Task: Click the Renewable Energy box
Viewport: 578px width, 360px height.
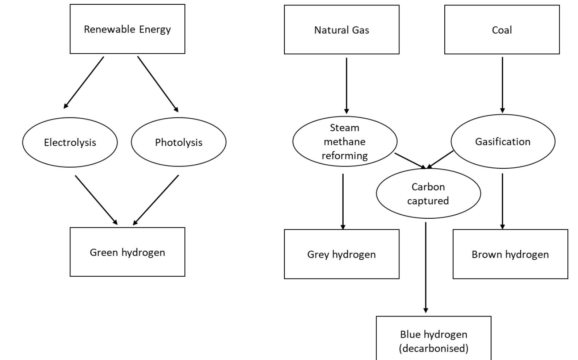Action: (x=127, y=29)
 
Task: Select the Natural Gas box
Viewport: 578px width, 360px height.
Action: (x=341, y=30)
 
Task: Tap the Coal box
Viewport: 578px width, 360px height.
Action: (x=502, y=30)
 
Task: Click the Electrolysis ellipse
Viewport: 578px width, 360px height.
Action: (x=70, y=142)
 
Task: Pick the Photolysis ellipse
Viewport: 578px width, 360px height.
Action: (x=179, y=142)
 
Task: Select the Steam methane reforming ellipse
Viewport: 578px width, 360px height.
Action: (x=344, y=142)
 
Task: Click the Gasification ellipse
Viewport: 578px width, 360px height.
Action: (x=503, y=142)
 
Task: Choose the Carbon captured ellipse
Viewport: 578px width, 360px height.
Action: (x=428, y=194)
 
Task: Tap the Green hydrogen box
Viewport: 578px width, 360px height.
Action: (x=127, y=252)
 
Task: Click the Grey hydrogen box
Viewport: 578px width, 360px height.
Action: (x=341, y=254)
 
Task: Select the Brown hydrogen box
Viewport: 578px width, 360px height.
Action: (x=510, y=254)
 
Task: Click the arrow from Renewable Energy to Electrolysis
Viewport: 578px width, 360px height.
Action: (x=84, y=82)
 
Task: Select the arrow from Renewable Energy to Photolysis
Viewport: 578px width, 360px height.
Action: (x=158, y=84)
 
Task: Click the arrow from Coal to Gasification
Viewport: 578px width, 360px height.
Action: (x=502, y=84)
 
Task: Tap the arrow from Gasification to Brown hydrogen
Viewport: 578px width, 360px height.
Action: (x=502, y=201)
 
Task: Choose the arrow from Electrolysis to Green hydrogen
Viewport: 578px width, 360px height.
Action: (x=96, y=200)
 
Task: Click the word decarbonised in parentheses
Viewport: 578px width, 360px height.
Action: (x=433, y=348)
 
